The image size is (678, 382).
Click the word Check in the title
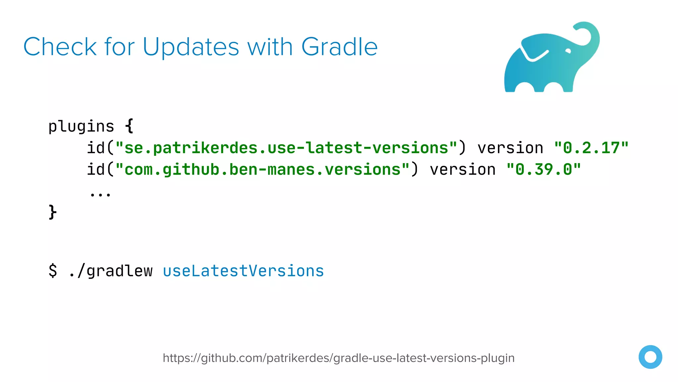point(60,47)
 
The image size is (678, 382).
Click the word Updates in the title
point(191,47)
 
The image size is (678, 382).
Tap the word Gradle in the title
point(339,47)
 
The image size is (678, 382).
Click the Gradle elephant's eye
point(568,51)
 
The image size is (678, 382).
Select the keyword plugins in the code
point(81,126)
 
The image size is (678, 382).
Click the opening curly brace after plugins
point(129,126)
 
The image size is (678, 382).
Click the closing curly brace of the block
point(53,212)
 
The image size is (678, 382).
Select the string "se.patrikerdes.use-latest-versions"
point(287,148)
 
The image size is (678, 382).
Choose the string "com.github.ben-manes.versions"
point(263,170)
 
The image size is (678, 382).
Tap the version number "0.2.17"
point(591,148)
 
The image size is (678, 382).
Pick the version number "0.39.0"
point(544,170)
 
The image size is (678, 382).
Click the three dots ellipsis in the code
point(100,194)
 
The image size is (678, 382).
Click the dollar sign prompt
point(53,271)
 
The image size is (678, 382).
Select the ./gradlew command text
point(111,271)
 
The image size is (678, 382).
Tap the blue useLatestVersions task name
point(243,271)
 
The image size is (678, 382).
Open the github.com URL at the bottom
point(339,358)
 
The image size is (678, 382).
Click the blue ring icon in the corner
point(650,357)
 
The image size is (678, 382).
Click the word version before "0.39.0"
point(462,170)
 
